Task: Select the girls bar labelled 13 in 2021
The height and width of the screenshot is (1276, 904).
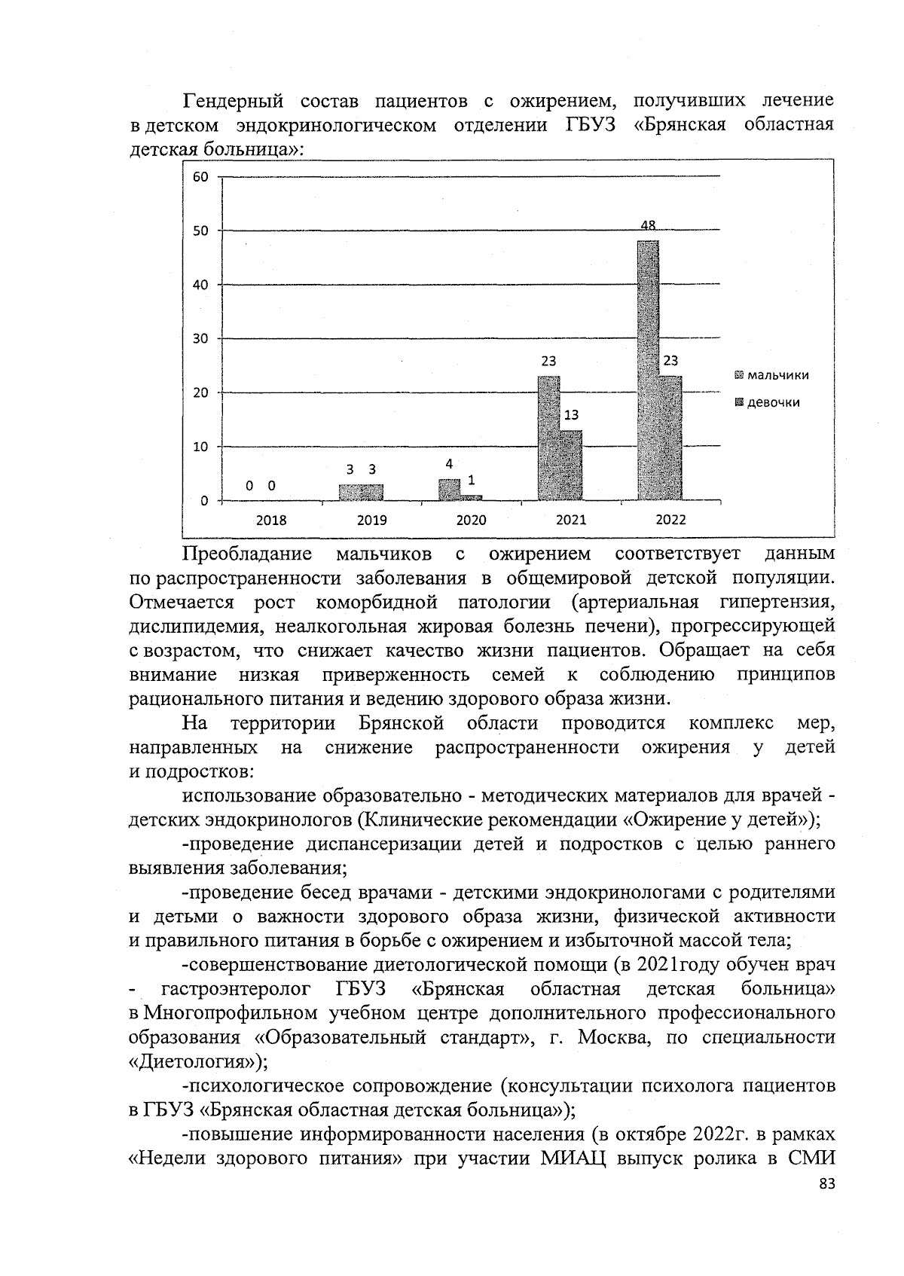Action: (571, 466)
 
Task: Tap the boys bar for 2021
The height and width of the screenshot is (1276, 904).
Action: (548, 438)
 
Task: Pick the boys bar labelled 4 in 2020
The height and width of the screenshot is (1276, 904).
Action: (449, 490)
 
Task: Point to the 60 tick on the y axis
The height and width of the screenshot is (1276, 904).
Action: (200, 177)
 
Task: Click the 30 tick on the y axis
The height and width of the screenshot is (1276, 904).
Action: (200, 338)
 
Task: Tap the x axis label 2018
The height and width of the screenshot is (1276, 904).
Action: (271, 520)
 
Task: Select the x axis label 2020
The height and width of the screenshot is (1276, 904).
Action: (472, 520)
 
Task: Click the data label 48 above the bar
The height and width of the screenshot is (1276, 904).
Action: (648, 225)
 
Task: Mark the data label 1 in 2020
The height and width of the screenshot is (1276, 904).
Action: (472, 480)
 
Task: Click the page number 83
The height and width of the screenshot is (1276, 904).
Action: (826, 1185)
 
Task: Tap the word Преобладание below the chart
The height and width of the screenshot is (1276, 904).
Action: (247, 554)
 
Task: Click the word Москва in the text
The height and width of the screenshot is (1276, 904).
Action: (611, 1037)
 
